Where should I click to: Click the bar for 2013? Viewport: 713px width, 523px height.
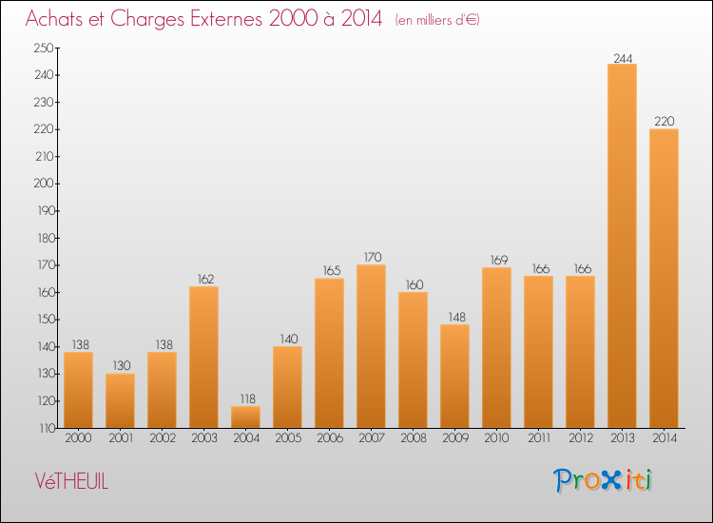(622, 245)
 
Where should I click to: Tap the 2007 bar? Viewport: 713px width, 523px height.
(371, 346)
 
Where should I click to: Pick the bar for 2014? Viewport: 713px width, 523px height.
(664, 278)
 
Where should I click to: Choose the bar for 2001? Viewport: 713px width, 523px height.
(120, 400)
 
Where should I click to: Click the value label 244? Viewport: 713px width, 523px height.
(622, 57)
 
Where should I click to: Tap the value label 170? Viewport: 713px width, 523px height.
(371, 258)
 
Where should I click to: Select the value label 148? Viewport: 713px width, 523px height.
(454, 318)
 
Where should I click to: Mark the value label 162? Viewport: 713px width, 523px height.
(203, 280)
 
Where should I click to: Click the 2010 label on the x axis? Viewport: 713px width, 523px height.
(496, 439)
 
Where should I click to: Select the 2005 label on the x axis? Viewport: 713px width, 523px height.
(287, 439)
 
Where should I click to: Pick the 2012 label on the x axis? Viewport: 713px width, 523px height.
(580, 439)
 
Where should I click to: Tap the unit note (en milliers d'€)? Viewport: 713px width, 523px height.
(437, 20)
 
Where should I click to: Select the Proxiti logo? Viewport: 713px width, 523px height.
(604, 480)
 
